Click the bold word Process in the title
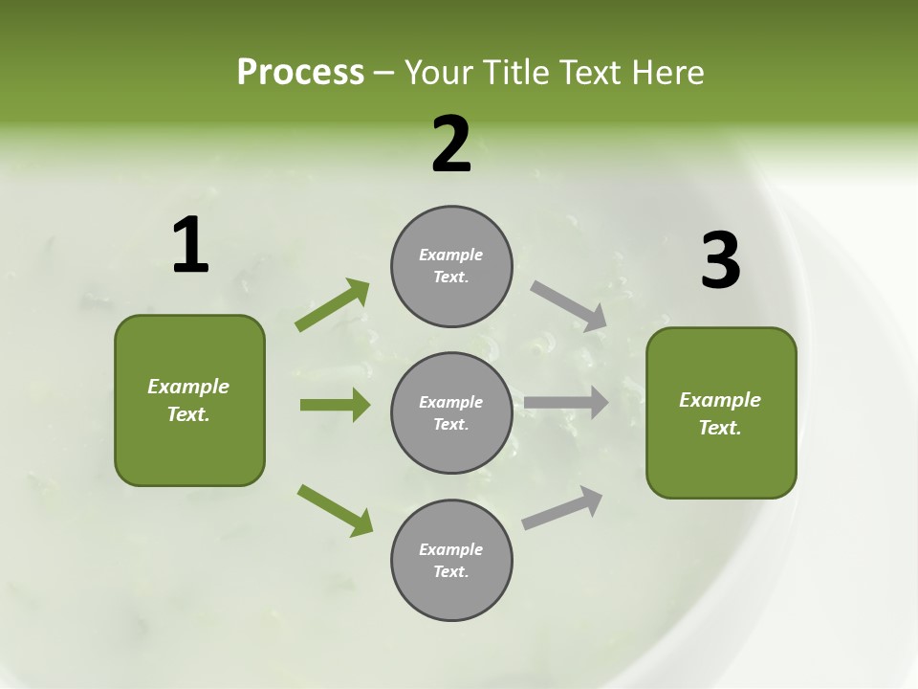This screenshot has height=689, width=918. [300, 73]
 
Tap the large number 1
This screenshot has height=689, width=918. [190, 246]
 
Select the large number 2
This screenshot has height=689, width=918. [451, 144]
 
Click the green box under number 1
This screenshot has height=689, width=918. [189, 400]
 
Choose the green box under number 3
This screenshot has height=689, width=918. [721, 413]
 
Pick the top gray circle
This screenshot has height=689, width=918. [451, 266]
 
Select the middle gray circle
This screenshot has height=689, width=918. [451, 412]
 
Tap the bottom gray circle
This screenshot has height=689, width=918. [451, 560]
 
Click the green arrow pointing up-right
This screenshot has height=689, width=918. [333, 304]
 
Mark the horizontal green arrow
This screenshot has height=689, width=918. [335, 405]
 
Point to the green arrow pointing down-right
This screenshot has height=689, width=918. [335, 510]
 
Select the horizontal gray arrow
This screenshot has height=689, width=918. [566, 403]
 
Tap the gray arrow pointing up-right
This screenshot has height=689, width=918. [562, 507]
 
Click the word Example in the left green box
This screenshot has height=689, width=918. [188, 387]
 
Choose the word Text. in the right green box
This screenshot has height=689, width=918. [720, 428]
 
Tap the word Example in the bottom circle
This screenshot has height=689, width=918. [451, 549]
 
